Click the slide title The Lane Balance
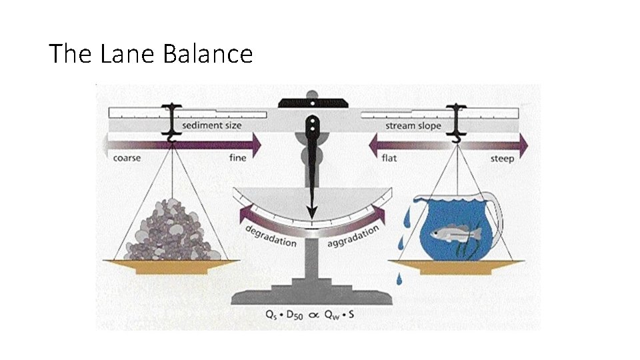(x=151, y=53)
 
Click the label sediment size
(x=213, y=125)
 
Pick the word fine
(x=238, y=158)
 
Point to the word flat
(x=389, y=159)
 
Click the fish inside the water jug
(x=450, y=233)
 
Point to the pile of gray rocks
(x=173, y=231)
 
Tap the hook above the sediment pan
(x=173, y=136)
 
